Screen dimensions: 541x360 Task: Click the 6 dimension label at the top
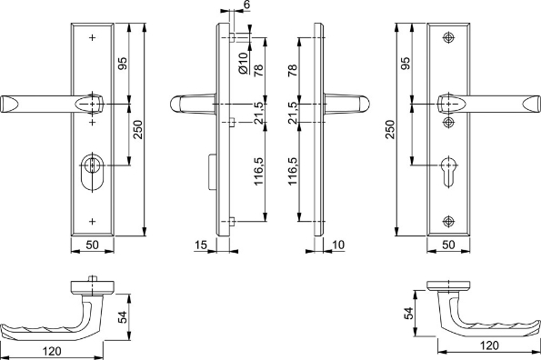click(246, 5)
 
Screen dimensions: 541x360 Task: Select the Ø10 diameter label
click(244, 63)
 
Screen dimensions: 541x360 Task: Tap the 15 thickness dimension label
click(200, 245)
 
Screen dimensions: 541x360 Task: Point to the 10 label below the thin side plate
click(338, 245)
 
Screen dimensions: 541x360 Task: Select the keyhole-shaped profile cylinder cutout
click(448, 172)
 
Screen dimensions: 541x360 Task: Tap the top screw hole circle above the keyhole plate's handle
click(448, 37)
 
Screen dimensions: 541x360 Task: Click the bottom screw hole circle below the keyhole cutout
click(448, 222)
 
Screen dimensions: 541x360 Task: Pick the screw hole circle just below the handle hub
click(448, 122)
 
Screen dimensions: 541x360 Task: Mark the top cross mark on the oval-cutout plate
click(92, 37)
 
